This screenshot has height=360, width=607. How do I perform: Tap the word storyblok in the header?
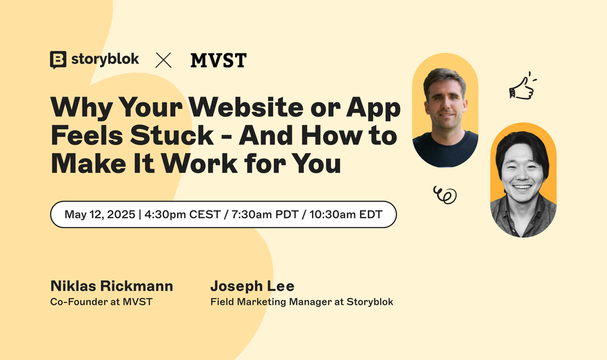[105, 59]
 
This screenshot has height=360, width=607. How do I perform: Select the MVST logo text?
[218, 60]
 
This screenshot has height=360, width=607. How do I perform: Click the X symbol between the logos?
[163, 59]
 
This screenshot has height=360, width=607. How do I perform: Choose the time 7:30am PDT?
[260, 214]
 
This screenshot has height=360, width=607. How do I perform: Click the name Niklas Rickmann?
[112, 286]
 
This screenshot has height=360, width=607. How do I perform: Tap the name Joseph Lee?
[252, 286]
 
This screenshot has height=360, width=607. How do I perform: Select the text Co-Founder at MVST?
[101, 302]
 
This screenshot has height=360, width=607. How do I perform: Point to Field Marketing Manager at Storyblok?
[302, 302]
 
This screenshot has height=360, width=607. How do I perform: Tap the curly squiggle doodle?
[444, 195]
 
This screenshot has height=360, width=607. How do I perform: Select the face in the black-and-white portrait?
[523, 170]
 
